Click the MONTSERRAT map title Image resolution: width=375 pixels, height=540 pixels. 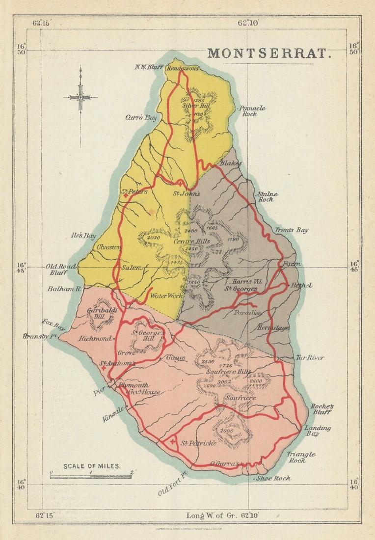click(269, 53)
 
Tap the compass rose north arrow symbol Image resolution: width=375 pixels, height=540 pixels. click(80, 96)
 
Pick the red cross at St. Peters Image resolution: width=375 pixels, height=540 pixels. click(126, 195)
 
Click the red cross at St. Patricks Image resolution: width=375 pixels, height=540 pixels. click(172, 442)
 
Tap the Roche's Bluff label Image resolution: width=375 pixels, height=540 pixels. click(321, 409)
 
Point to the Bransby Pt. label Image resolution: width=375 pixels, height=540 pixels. click(36, 336)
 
